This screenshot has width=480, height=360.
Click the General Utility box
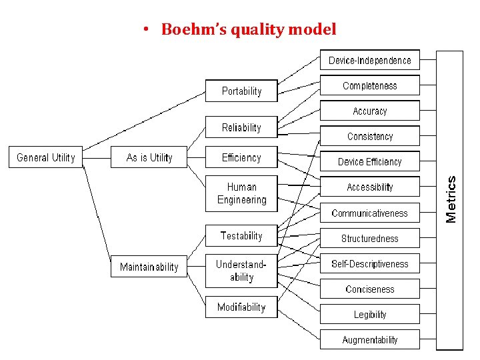(x=46, y=157)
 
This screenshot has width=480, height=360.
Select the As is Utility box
(x=149, y=157)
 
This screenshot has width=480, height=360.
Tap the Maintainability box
(x=149, y=267)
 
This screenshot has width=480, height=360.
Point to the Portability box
(x=241, y=91)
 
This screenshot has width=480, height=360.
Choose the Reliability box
(x=241, y=127)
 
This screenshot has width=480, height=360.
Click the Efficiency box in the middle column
(x=241, y=157)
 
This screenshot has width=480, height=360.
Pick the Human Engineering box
(x=241, y=193)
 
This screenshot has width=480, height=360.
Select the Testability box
(x=241, y=235)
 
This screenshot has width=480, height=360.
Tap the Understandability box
(x=241, y=271)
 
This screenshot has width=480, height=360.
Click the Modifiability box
(x=241, y=307)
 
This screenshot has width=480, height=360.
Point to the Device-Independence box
(x=370, y=61)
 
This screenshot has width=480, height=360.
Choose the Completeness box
(x=370, y=85)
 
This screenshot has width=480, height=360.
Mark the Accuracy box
(x=370, y=111)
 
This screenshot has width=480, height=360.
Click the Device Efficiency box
(x=370, y=161)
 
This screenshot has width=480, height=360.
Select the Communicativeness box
(x=370, y=213)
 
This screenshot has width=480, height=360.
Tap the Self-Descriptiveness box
(x=370, y=264)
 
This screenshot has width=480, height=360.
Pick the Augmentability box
(x=370, y=340)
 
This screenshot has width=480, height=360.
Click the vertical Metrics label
(x=451, y=199)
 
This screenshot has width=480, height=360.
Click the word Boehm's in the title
(x=189, y=29)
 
